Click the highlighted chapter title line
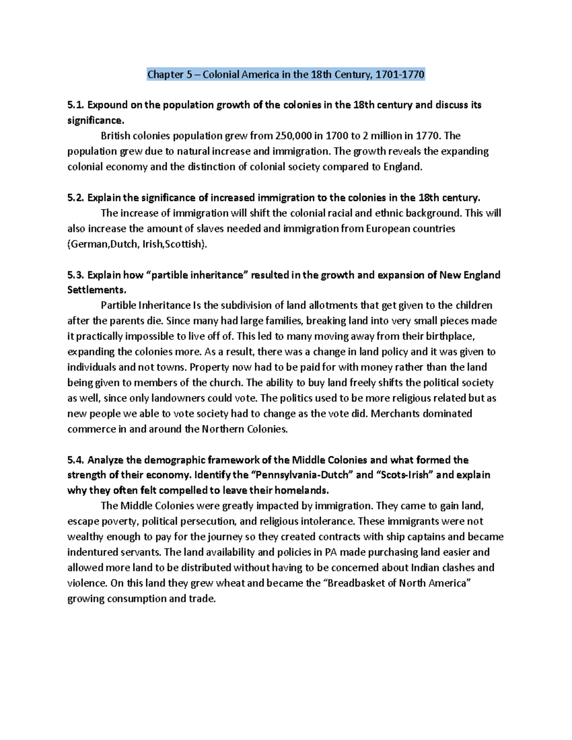coord(285,74)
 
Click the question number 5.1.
coord(76,105)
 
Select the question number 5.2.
coord(76,198)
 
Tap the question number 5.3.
coord(76,275)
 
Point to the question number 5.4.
coord(76,460)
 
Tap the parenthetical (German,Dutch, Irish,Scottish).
coord(138,244)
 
